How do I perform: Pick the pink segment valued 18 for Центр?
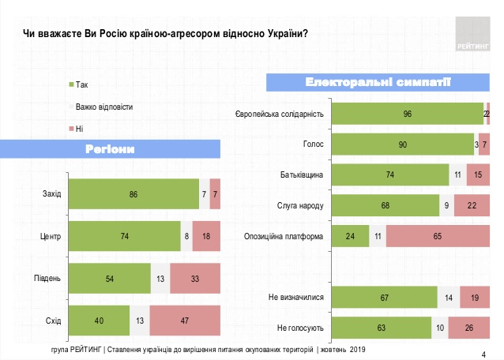pos(206,235)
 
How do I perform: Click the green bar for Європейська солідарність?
pos(408,114)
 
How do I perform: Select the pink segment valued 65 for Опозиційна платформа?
pos(437,235)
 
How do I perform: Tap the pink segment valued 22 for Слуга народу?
pos(472,205)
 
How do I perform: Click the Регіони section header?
pos(110,149)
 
